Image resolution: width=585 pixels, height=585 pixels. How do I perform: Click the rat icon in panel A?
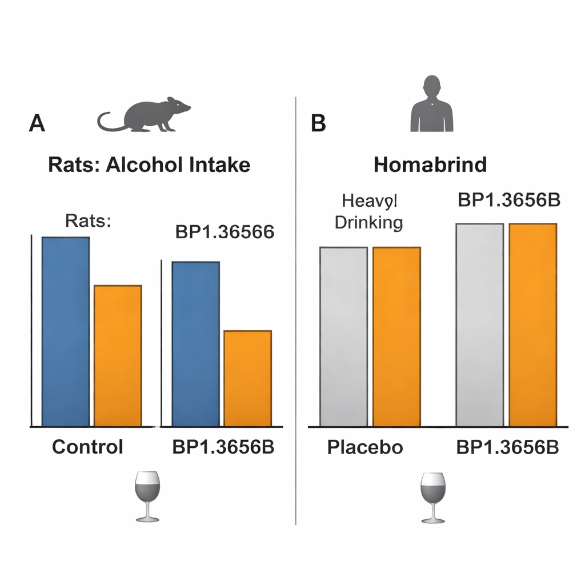click(x=146, y=116)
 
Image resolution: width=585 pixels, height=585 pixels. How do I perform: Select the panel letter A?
click(x=37, y=123)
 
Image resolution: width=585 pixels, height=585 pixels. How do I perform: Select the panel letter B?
click(x=318, y=123)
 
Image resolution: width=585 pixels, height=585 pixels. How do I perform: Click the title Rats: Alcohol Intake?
click(x=149, y=165)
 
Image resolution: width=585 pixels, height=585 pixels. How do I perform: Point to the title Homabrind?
click(x=430, y=165)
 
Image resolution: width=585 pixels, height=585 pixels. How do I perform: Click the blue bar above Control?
click(x=66, y=331)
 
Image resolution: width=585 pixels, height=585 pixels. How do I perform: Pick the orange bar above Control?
click(x=118, y=355)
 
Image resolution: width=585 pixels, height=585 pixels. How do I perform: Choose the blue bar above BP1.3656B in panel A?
click(x=195, y=344)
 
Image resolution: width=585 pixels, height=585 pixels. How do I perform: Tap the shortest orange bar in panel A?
click(x=247, y=378)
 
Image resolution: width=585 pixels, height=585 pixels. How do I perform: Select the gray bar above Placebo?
click(x=343, y=336)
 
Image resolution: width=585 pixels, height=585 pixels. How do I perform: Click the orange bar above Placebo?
click(x=396, y=336)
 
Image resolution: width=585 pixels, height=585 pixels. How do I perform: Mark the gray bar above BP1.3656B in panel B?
click(x=479, y=324)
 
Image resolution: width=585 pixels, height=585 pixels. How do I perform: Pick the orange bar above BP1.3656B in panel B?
click(x=532, y=324)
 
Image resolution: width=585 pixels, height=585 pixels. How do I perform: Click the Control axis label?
click(x=87, y=447)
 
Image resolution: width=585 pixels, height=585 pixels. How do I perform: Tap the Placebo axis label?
click(x=365, y=447)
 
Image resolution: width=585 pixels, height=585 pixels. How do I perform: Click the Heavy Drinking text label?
click(x=368, y=211)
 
